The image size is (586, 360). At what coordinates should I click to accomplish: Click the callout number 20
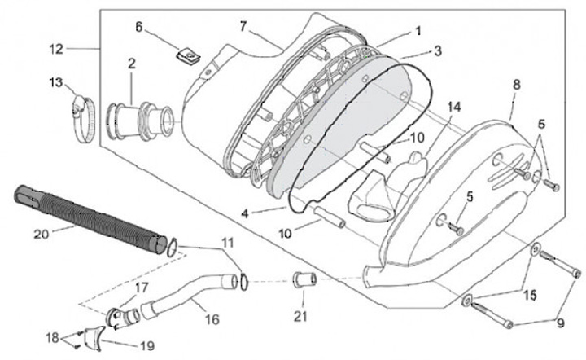(x=42, y=235)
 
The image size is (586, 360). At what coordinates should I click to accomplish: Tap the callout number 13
(x=55, y=81)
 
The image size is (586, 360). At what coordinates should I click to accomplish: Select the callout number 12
(x=55, y=49)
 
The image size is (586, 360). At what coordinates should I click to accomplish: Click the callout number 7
(x=243, y=27)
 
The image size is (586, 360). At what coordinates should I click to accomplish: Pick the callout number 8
(x=515, y=84)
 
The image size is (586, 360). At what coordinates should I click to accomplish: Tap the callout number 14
(x=453, y=107)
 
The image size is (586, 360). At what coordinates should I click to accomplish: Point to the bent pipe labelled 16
(x=187, y=295)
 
